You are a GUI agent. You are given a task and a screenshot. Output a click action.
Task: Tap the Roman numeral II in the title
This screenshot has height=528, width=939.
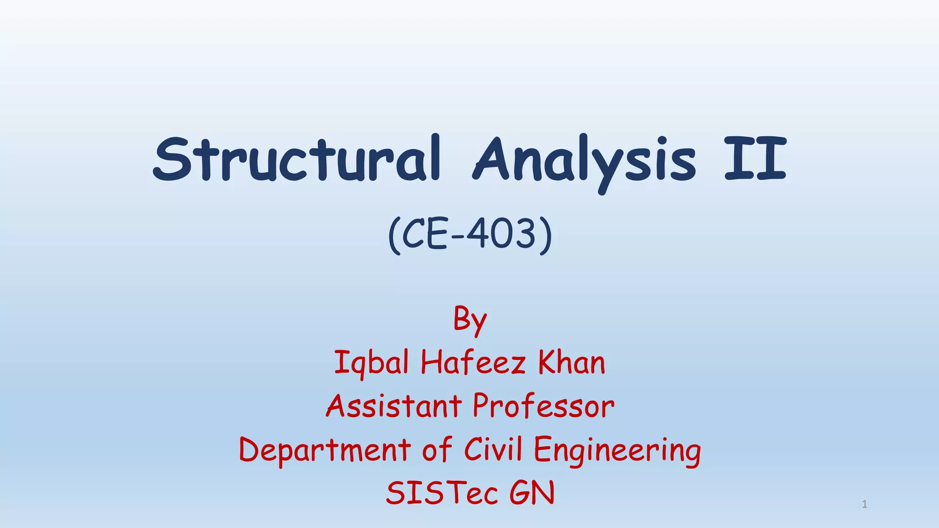tap(756, 159)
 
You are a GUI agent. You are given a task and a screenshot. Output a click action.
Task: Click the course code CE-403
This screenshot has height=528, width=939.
tap(470, 234)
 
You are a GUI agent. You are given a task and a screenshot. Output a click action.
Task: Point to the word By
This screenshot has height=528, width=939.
tap(469, 319)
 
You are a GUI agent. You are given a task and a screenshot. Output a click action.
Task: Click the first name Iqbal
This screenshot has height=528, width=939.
tap(371, 363)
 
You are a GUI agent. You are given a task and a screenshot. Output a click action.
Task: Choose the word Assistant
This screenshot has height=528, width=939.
tap(394, 406)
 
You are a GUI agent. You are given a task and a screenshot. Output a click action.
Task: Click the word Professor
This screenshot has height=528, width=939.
tap(543, 406)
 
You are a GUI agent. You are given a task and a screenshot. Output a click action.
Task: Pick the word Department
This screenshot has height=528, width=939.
tap(325, 450)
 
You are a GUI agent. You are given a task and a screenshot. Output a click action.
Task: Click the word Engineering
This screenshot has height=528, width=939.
tap(617, 450)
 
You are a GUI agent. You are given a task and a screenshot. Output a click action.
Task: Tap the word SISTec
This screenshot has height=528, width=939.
tap(442, 493)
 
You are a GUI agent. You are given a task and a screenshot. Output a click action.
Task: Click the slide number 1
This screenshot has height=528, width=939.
tap(864, 505)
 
